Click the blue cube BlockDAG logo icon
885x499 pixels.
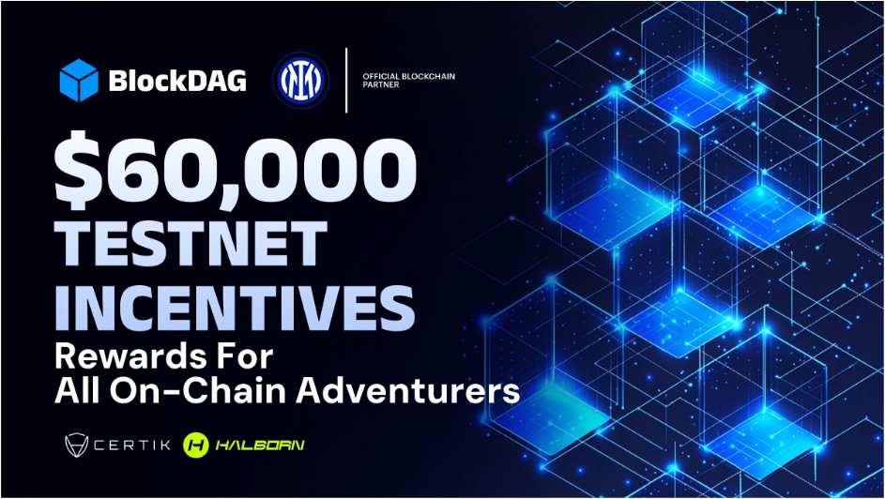click(x=79, y=80)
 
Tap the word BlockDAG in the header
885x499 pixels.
click(x=177, y=81)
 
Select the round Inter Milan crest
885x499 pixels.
click(x=300, y=80)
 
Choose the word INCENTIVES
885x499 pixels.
click(x=235, y=308)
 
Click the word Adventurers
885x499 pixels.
click(x=407, y=390)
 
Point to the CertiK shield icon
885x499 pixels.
click(x=77, y=445)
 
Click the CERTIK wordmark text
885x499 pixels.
click(x=132, y=445)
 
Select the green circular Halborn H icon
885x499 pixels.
click(x=196, y=445)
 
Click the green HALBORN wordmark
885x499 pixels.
click(x=260, y=445)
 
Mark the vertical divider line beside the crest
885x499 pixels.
click(x=346, y=80)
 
